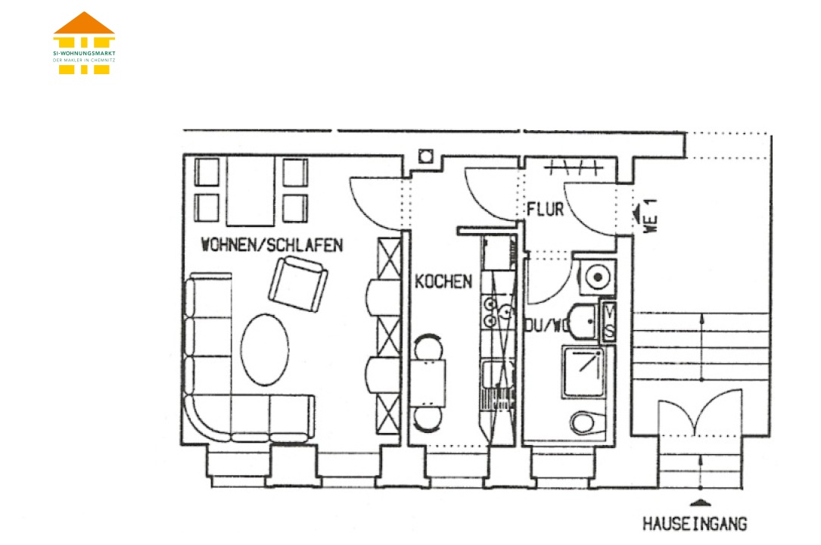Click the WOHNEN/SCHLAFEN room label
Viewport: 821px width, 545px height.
click(x=272, y=244)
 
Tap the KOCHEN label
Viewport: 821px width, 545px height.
click(x=443, y=282)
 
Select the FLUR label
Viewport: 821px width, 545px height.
click(x=546, y=210)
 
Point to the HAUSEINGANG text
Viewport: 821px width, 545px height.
click(x=695, y=524)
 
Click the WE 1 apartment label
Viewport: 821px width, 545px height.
click(x=650, y=216)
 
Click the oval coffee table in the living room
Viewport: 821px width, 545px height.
click(x=264, y=350)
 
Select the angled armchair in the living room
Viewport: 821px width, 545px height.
click(x=298, y=285)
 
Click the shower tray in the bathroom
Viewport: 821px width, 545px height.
click(x=584, y=372)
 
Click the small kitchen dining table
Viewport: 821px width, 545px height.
click(x=428, y=383)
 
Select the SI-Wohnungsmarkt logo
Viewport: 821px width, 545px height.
click(x=84, y=43)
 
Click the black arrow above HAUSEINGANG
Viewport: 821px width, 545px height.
click(x=701, y=503)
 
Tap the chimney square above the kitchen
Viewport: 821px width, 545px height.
click(x=426, y=156)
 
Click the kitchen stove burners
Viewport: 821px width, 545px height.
click(x=490, y=312)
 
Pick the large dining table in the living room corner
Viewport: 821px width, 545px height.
click(x=250, y=191)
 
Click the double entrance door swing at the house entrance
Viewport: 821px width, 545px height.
click(x=699, y=413)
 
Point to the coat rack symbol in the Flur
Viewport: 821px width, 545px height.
click(x=574, y=167)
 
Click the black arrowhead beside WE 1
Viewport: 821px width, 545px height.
click(x=636, y=213)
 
